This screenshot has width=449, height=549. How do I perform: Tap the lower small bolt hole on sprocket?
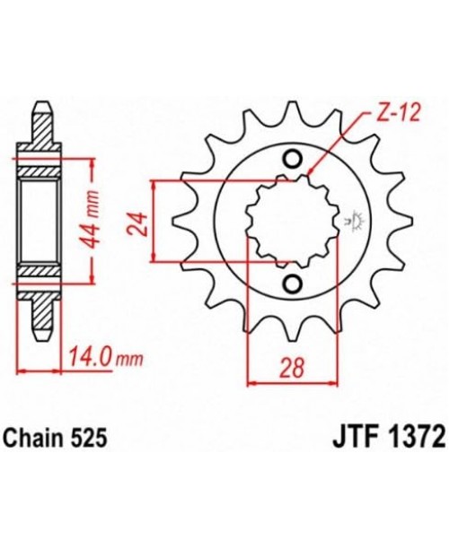(291, 284)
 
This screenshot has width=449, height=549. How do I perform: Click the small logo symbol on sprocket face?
(353, 219)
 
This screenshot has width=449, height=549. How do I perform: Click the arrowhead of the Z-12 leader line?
(308, 173)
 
